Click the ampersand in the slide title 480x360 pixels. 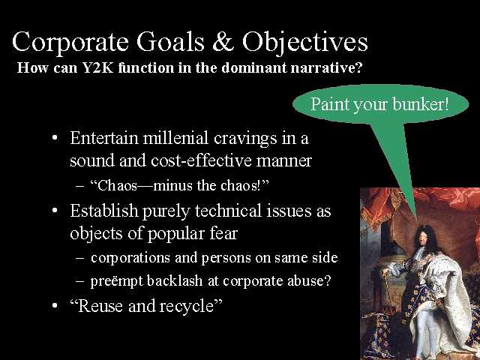tap(223, 42)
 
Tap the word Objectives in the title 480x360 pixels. tap(305, 43)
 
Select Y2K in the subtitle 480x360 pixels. tap(97, 67)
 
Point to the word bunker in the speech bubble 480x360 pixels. tap(420, 104)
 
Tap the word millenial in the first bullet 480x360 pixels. tap(175, 138)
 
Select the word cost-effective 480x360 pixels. tap(201, 160)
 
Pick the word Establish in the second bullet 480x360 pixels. tap(104, 211)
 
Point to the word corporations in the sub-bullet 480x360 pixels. tap(130, 258)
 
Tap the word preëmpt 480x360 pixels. tap(116, 281)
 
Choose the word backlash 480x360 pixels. tap(175, 280)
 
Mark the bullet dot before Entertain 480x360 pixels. tap(55, 138)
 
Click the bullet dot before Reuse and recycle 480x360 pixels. tap(55, 305)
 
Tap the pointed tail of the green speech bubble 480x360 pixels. tap(416, 218)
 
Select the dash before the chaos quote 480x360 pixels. tap(79, 186)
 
